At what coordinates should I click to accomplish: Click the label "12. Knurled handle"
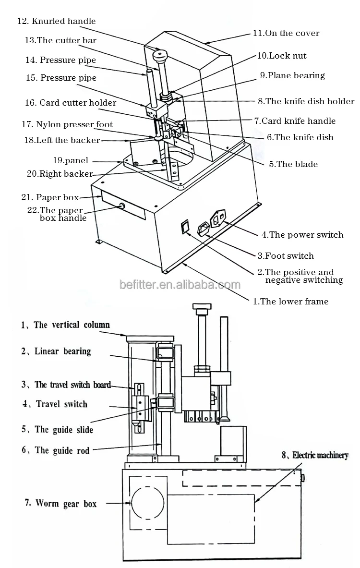coord(57,21)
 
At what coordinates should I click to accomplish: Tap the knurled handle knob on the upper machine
coord(160,56)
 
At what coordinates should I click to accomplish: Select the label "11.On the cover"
coord(286,33)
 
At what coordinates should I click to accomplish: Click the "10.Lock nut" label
coord(281,56)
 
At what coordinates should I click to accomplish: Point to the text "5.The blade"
coord(293,164)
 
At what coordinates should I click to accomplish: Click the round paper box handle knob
coord(121,206)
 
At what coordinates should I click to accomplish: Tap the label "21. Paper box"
coord(50,197)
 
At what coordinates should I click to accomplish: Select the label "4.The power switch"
coord(302,235)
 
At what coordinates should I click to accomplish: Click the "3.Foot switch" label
coord(286,256)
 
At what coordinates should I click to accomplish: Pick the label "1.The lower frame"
coord(290,302)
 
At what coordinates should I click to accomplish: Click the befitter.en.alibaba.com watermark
coord(180,284)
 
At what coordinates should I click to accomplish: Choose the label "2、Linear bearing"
coord(56,351)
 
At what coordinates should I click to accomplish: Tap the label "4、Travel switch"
coord(55,404)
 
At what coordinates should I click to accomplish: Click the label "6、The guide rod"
coord(55,450)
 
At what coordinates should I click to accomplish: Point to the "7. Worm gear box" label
coord(60,504)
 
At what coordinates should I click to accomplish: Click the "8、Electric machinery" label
coord(315,455)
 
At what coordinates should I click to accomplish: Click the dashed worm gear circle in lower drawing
coord(132,503)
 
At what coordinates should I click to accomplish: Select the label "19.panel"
coord(71,160)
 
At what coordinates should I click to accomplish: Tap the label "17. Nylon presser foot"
coord(67,124)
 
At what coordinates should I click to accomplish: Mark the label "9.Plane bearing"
coord(292,75)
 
